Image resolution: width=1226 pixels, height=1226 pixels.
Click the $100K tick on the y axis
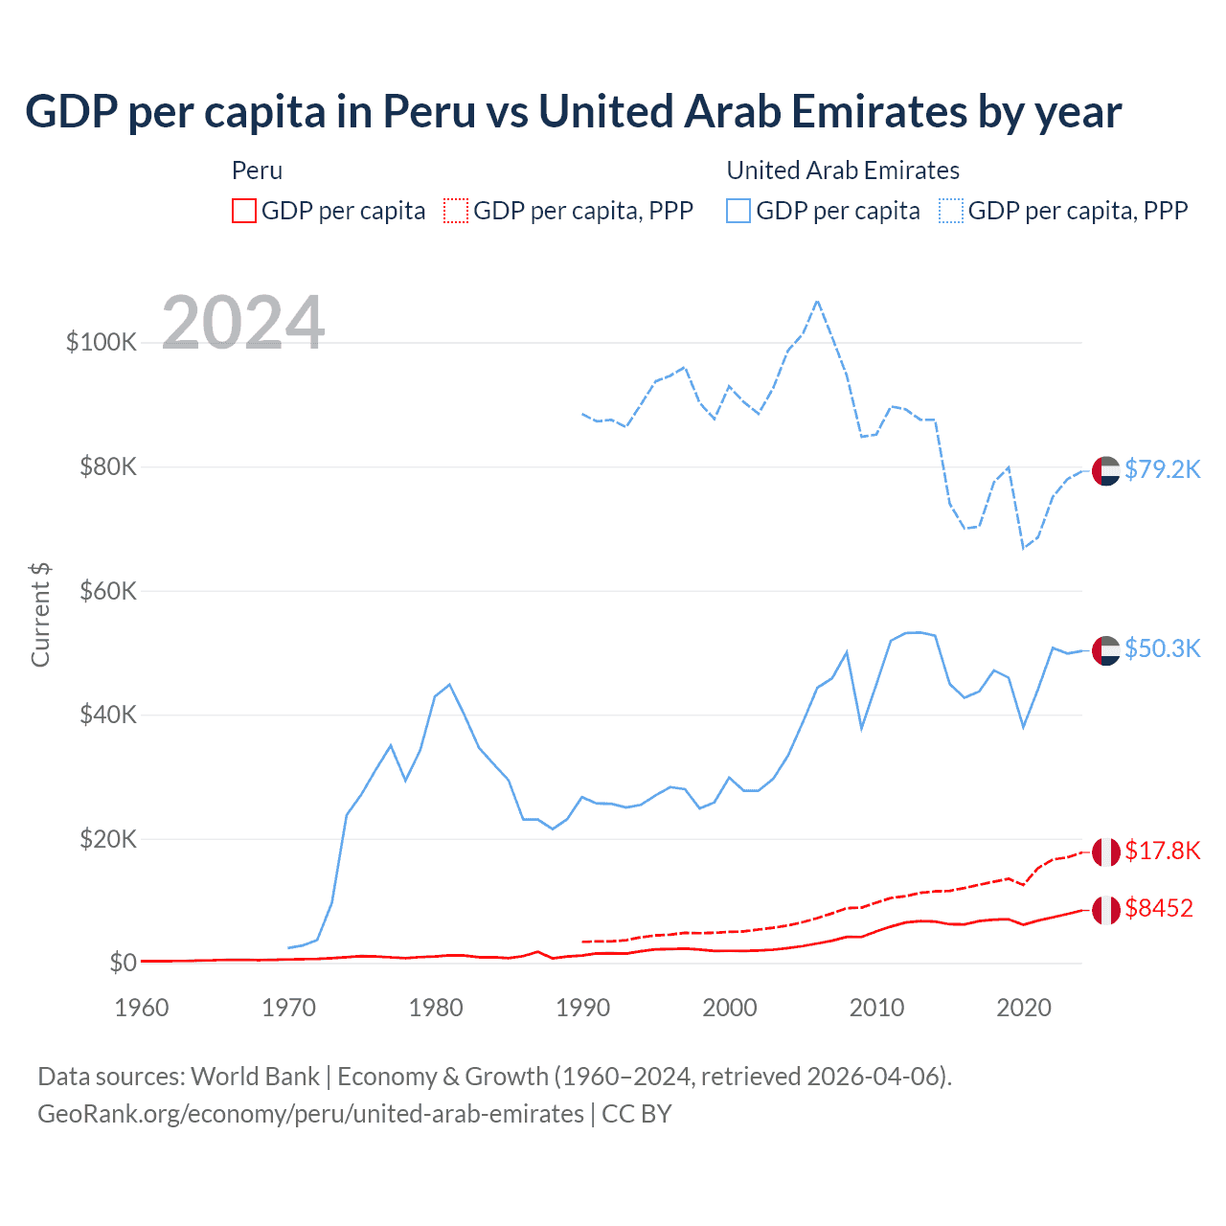tap(102, 342)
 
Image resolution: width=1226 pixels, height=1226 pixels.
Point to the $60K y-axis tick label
tap(108, 591)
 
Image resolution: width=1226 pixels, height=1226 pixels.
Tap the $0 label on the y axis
tap(124, 963)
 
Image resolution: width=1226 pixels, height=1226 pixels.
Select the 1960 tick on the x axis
tap(142, 1008)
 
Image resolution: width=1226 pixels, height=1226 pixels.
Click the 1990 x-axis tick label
tap(582, 1008)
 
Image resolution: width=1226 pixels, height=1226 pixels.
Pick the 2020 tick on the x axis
tap(1024, 1008)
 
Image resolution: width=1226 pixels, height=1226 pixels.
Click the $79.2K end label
tap(1162, 469)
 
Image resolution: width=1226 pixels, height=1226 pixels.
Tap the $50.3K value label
tap(1162, 648)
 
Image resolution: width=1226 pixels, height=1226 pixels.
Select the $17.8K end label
tap(1162, 851)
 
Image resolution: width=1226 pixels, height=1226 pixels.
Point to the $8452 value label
tap(1159, 908)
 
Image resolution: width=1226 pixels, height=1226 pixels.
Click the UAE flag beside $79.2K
tap(1106, 471)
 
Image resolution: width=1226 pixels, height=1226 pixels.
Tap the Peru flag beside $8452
tap(1106, 910)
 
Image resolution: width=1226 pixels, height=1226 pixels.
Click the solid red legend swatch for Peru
tap(244, 211)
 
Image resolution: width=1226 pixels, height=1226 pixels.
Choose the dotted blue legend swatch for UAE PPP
tap(951, 211)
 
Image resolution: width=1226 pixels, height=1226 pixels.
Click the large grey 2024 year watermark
tap(243, 323)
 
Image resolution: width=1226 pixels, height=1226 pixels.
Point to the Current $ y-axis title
tap(40, 615)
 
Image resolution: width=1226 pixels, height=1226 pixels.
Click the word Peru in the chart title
tap(429, 112)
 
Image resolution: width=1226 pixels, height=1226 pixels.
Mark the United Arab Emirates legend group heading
tap(843, 170)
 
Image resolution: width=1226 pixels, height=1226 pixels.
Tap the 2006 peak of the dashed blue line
tap(817, 301)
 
